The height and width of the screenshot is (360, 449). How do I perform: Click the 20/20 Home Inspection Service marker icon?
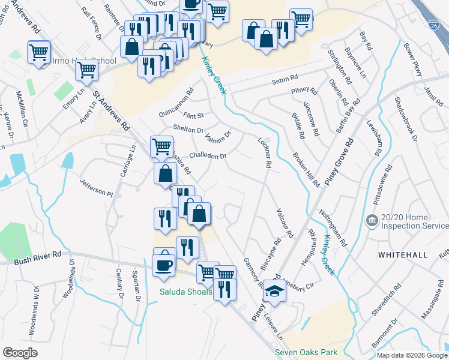[x=372, y=220]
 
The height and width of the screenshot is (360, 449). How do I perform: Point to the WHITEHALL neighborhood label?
[x=403, y=255]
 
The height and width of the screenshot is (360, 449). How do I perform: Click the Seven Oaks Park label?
[x=306, y=352]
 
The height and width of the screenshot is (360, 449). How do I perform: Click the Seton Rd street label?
[x=285, y=79]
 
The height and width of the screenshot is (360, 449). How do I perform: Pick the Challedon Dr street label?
[x=208, y=156]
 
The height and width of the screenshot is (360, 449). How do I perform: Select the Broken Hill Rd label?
[x=306, y=169]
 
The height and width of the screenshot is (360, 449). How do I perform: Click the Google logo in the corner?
[x=20, y=353]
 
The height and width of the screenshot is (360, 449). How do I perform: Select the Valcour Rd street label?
[x=285, y=222]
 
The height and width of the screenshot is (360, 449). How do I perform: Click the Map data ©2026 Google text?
[x=412, y=355]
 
